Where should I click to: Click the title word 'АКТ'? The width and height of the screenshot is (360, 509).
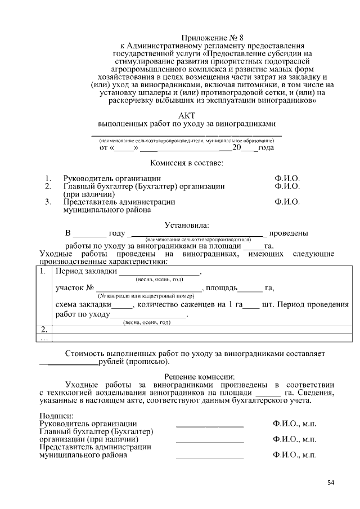186,115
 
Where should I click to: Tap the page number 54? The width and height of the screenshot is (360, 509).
331,483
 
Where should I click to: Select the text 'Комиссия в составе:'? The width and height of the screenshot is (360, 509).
186,163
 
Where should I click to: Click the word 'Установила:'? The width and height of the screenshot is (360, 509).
186,226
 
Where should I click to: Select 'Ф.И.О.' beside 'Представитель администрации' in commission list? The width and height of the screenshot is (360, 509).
287,201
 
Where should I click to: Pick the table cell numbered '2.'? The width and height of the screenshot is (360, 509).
44,330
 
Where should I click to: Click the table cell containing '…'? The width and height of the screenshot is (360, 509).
44,339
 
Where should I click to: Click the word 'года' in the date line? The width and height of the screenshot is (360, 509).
266,148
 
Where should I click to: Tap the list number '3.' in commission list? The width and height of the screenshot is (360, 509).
49,201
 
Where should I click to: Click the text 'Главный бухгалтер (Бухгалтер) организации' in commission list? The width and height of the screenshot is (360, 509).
144,186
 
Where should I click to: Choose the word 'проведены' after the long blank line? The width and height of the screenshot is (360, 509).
288,233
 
